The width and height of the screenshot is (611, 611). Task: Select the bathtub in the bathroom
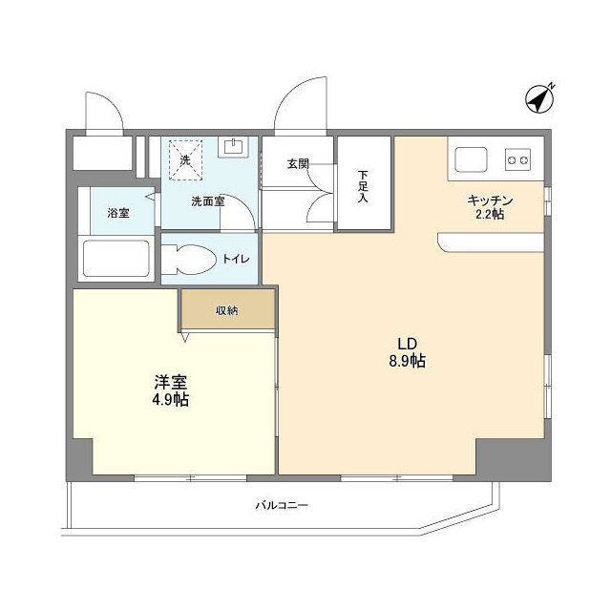116,259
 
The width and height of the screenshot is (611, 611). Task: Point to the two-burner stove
518,159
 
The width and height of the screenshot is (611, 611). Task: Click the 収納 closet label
226,310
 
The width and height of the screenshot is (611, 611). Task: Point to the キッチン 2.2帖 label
491,207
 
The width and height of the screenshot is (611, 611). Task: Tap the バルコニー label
282,505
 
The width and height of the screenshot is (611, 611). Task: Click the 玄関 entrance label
297,163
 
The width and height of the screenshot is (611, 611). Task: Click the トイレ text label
234,258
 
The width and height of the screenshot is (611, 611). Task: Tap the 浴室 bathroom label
117,213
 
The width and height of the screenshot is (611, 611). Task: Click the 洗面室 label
207,201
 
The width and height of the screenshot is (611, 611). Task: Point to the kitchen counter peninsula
492,242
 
